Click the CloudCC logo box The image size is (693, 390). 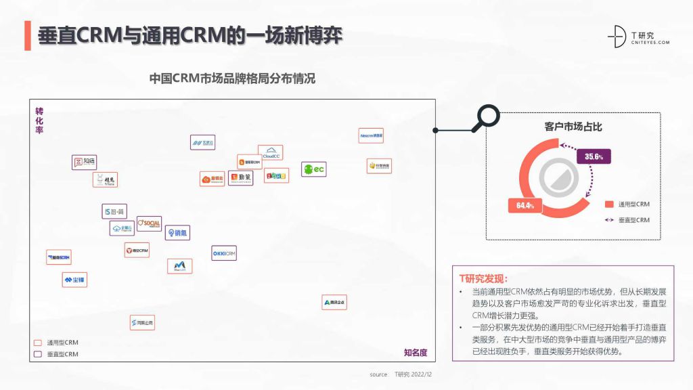tap(271, 152)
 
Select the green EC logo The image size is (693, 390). tap(314, 169)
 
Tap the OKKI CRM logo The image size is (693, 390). tap(224, 253)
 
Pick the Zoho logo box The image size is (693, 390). tap(276, 175)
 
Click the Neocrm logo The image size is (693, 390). tap(372, 135)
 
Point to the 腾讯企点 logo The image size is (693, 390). tap(334, 302)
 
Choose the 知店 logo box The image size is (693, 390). tap(85, 162)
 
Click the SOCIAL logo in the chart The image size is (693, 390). tap(149, 224)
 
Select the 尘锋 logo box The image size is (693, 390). tap(74, 280)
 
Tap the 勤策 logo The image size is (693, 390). tap(240, 177)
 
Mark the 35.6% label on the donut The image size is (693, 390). tap(594, 157)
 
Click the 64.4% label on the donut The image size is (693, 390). tap(525, 205)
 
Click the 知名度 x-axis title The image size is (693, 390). tap(416, 352)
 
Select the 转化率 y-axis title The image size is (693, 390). tap(39, 121)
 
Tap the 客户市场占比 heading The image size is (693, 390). tap(573, 127)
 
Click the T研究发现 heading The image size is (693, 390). tap(483, 278)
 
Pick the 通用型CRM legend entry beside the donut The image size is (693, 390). tap(627, 204)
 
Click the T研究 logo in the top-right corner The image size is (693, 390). tap(639, 38)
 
